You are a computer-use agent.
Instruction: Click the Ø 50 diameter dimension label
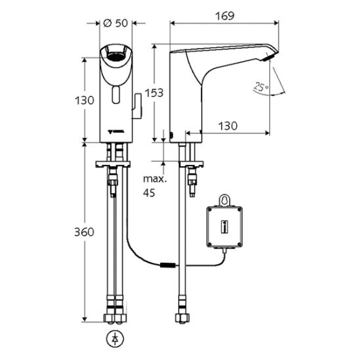[115, 23]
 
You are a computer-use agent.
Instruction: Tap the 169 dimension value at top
[225, 16]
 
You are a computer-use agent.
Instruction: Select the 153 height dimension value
[154, 93]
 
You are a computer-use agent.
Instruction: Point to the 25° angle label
[261, 87]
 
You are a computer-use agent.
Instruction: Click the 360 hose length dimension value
[84, 232]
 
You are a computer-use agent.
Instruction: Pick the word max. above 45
[155, 179]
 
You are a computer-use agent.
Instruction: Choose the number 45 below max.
[149, 193]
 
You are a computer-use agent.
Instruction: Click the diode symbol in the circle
[115, 339]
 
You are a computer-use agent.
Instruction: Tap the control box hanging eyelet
[224, 200]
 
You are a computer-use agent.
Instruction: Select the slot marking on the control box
[224, 227]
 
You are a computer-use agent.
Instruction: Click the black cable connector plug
[168, 265]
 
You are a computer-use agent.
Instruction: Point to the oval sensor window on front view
[116, 95]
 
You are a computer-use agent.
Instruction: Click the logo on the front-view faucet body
[116, 132]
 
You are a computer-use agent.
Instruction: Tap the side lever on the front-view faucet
[137, 105]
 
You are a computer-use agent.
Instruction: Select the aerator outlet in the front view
[116, 56]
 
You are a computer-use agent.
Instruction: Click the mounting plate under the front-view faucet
[113, 164]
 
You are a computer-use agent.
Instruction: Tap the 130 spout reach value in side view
[227, 126]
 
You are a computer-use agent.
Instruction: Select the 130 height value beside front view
[85, 101]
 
